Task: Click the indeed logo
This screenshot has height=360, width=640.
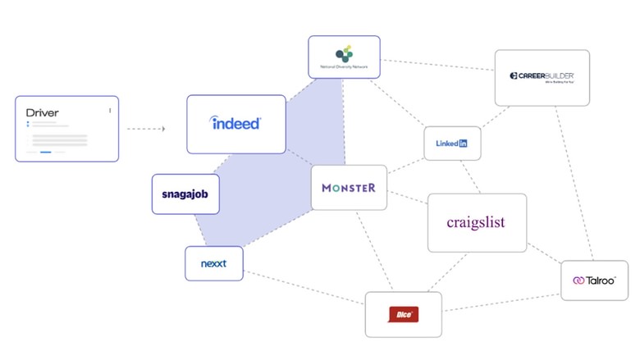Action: coord(235,124)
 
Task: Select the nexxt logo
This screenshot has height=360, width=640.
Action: coord(213,264)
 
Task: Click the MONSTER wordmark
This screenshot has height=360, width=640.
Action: coord(349,188)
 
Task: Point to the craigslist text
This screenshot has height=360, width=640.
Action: coord(476,222)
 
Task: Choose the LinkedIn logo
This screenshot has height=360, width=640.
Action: coord(451,144)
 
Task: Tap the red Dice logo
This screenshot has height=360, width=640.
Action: coord(403,314)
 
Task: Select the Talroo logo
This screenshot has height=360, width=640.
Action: coord(594,280)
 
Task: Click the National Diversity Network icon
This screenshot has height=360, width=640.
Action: coord(344,53)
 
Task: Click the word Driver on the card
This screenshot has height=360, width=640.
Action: coord(43,112)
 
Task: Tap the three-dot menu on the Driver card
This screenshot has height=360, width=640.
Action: coord(110,110)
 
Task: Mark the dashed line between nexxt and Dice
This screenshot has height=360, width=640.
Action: coord(304,289)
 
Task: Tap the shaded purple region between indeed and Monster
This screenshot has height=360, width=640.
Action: coord(271,176)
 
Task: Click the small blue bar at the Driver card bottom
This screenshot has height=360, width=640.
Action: coord(46,152)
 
